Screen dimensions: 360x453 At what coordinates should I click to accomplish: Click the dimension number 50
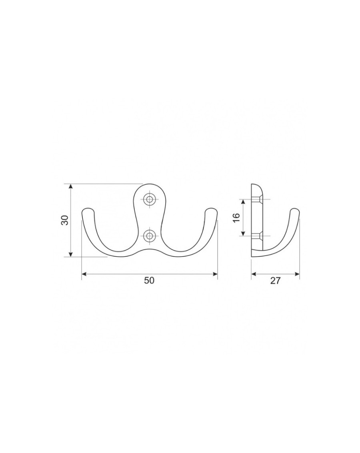[x=149, y=280]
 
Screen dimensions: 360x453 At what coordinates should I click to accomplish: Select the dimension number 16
[x=236, y=217]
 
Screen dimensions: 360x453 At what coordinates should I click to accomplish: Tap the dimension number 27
[x=275, y=280]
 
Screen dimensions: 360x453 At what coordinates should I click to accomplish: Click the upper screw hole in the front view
[x=149, y=199]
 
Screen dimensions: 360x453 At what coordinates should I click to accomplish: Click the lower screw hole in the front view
[x=149, y=236]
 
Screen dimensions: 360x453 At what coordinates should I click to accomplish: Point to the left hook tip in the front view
[x=88, y=210]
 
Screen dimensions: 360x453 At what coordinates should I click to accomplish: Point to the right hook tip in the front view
[x=211, y=210]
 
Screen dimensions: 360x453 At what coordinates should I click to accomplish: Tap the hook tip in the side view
[x=295, y=210]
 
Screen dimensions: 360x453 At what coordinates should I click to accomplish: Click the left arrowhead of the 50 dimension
[x=84, y=274]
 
